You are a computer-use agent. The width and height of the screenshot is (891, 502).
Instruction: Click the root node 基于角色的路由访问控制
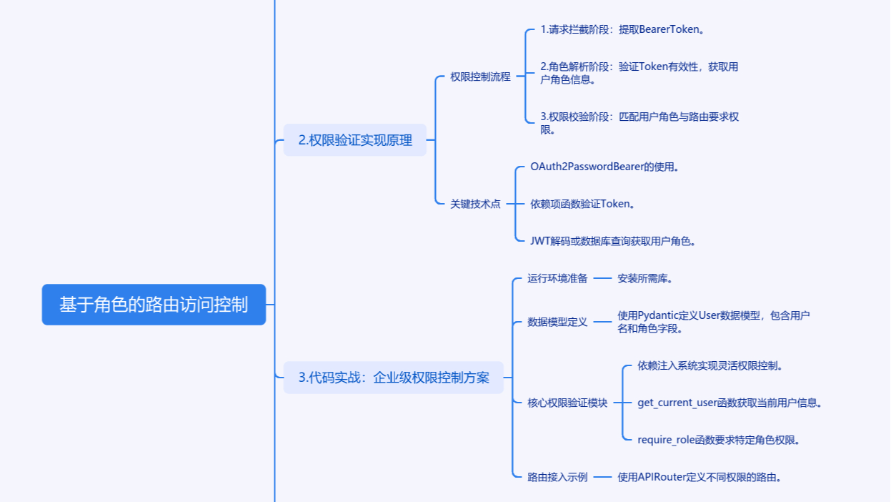click(154, 305)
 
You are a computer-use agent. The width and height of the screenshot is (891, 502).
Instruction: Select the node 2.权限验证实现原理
click(355, 140)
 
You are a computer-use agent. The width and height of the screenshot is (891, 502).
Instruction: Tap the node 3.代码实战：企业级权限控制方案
click(394, 378)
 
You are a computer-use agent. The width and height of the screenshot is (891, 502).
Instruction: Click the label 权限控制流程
click(480, 77)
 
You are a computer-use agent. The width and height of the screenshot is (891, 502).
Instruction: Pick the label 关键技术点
click(475, 204)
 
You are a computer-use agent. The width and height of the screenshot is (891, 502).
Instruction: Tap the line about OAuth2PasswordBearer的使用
click(604, 167)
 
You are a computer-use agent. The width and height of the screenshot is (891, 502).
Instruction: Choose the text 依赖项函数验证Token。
click(582, 204)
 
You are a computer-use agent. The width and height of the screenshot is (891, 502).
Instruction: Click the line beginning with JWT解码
click(612, 241)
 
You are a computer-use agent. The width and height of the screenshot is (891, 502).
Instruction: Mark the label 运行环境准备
click(557, 278)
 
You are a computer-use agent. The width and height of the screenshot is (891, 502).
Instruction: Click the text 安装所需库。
click(645, 278)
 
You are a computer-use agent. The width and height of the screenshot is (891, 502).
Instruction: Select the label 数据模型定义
click(557, 322)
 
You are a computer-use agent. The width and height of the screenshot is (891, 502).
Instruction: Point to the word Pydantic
click(662, 315)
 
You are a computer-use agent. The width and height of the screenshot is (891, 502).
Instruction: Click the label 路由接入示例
click(557, 477)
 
